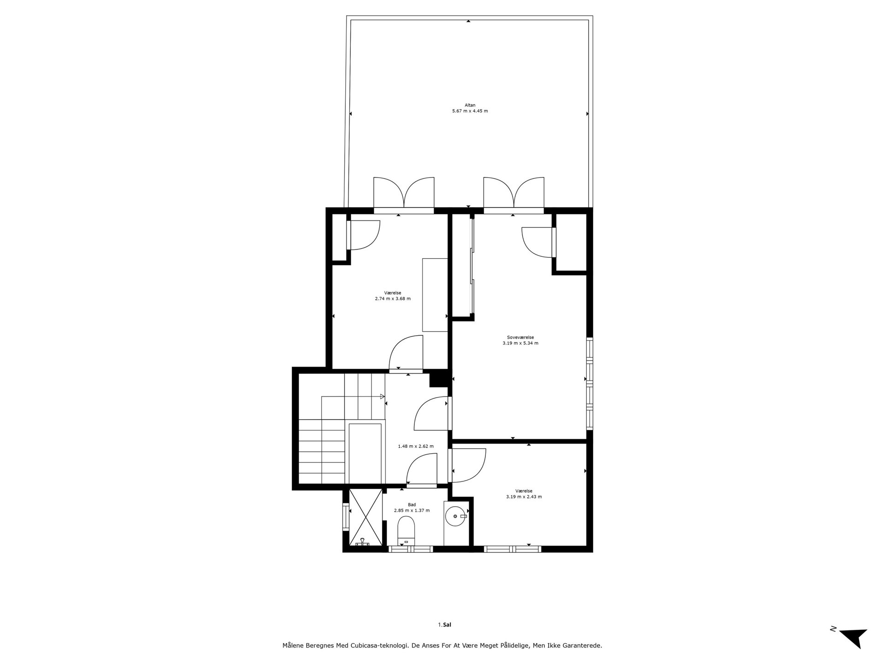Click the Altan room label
click(x=470, y=105)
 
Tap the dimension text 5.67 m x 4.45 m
click(x=470, y=111)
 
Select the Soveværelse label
click(x=520, y=338)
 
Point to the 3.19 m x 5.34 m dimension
click(x=520, y=343)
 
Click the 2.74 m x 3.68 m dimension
click(x=393, y=298)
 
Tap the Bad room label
click(x=412, y=505)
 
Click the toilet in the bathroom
click(x=406, y=531)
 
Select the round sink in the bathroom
click(x=456, y=517)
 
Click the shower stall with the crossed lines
click(x=366, y=517)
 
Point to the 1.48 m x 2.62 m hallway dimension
click(x=416, y=446)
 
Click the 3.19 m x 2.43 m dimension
click(x=524, y=497)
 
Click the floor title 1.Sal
click(x=444, y=625)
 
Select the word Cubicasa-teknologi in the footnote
click(x=380, y=646)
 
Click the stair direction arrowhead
click(x=382, y=397)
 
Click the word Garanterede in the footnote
click(x=583, y=646)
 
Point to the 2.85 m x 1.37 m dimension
click(x=412, y=510)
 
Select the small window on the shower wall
click(x=346, y=517)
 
